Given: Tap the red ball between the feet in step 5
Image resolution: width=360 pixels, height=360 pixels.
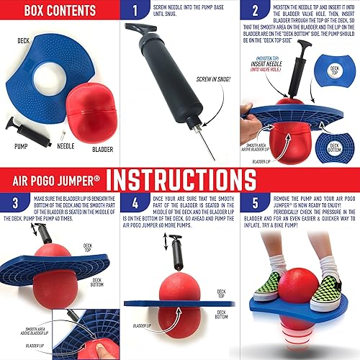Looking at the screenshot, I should tap(305, 288).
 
